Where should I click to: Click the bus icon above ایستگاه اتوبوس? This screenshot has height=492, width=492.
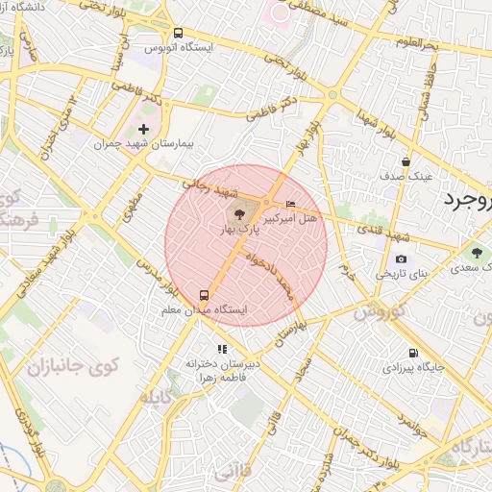point(179,32)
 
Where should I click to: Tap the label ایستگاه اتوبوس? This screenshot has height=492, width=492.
point(179,46)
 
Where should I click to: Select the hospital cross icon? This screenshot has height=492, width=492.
point(144,129)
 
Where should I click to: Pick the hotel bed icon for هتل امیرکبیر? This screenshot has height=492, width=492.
point(291,205)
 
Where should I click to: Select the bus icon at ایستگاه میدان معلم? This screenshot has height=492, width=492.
point(204,295)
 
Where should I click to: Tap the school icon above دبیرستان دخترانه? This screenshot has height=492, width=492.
point(222,349)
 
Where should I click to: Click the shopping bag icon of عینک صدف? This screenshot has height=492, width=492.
point(406,162)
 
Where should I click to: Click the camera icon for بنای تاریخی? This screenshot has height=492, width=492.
point(401,258)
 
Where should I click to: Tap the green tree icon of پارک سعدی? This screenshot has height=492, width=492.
point(474,253)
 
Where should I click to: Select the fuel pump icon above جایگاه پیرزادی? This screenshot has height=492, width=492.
point(413,353)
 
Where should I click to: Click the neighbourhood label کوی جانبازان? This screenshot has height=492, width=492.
point(72,367)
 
